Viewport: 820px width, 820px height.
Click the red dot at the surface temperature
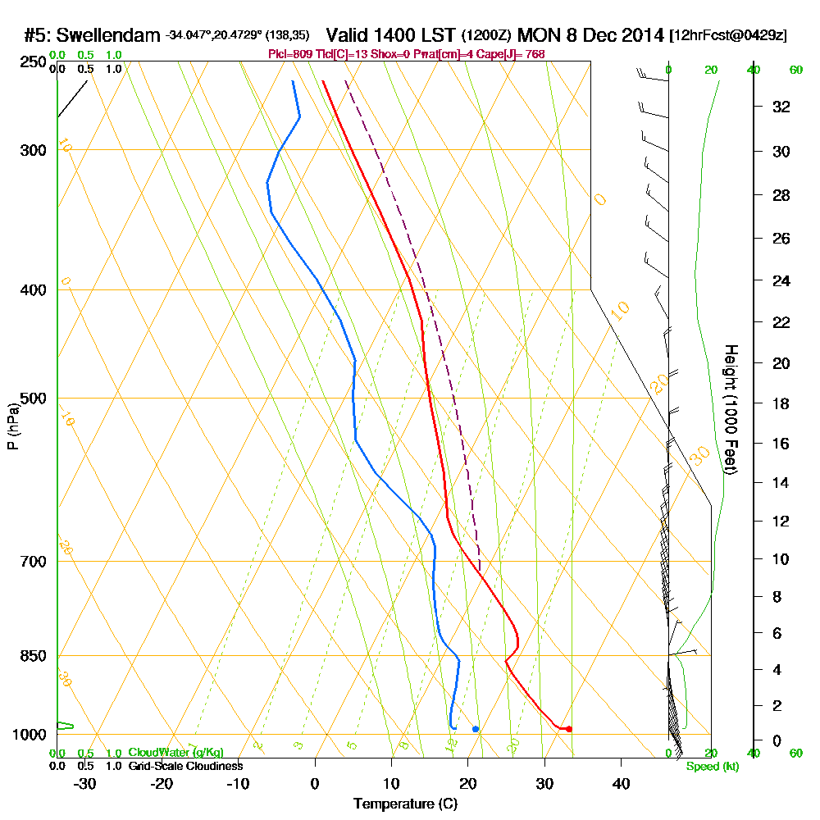tap(569, 729)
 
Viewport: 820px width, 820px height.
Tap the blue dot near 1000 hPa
tap(476, 729)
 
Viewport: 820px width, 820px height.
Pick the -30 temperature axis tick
tap(85, 783)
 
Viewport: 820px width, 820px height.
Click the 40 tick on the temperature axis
tap(621, 783)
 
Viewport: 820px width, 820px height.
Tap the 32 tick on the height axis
tap(781, 107)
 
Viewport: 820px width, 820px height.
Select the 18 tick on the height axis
tap(781, 403)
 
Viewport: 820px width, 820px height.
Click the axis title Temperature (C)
tap(405, 804)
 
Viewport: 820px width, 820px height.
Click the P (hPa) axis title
tap(12, 426)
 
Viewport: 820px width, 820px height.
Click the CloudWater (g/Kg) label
tap(175, 753)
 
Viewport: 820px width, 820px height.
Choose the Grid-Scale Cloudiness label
tap(185, 766)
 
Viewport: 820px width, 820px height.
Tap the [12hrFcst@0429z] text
tap(728, 35)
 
